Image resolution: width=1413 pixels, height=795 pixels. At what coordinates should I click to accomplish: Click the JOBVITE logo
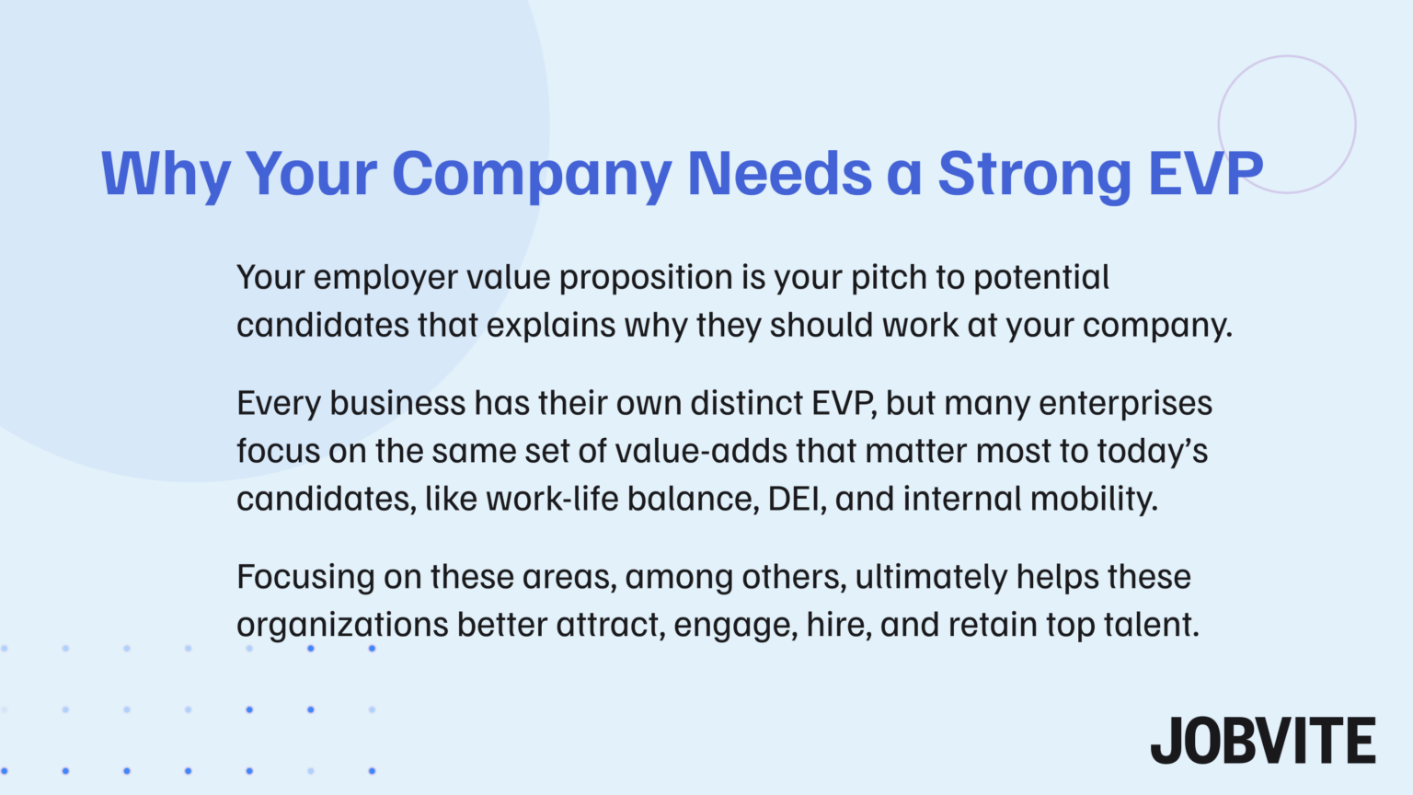point(1262,741)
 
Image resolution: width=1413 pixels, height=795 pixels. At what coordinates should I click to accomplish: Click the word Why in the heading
point(166,174)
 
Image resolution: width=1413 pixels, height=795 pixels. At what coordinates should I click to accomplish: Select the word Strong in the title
point(1034,174)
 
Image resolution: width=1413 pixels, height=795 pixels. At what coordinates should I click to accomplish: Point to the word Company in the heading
point(532,174)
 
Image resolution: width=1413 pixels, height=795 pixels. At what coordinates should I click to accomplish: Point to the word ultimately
point(931,577)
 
